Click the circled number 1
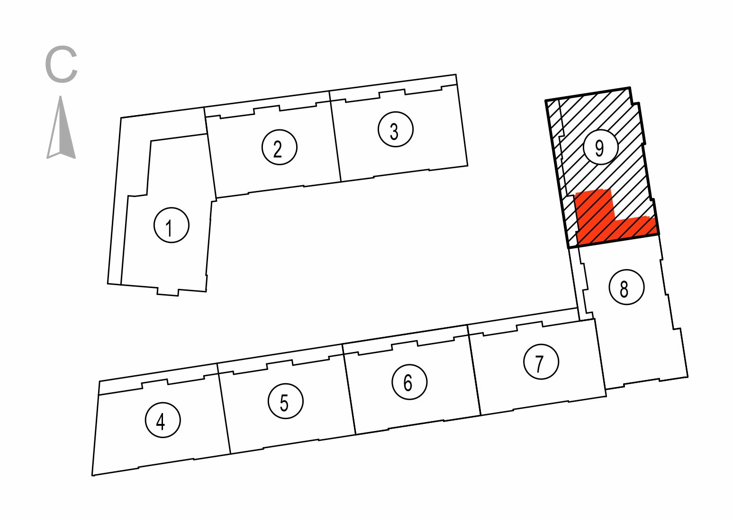[172, 225]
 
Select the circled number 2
[280, 147]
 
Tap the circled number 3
[396, 129]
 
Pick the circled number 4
[163, 420]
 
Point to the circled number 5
[286, 401]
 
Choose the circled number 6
[409, 382]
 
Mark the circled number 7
[541, 362]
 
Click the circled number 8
[627, 287]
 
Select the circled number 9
[600, 146]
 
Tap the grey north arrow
[61, 127]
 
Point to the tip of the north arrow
[61, 96]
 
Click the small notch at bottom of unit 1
[168, 292]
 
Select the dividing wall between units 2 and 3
[335, 136]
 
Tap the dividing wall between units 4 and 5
[224, 408]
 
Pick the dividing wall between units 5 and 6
[349, 389]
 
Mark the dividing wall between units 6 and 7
[474, 370]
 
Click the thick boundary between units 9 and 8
[614, 241]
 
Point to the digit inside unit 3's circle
[394, 132]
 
